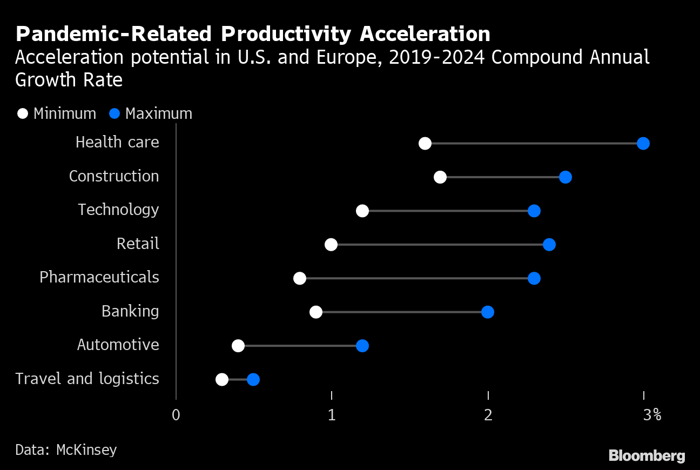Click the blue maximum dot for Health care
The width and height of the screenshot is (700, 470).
click(643, 143)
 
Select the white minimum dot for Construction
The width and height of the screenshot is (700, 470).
click(440, 177)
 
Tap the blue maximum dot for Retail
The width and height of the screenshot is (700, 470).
click(549, 245)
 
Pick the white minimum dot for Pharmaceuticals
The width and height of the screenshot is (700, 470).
click(300, 278)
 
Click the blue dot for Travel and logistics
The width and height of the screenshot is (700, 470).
click(253, 379)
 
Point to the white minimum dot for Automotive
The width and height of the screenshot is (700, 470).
click(238, 346)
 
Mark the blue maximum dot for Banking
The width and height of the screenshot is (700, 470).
click(487, 312)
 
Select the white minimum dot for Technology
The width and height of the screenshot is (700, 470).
click(362, 211)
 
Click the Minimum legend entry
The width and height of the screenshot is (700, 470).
click(57, 114)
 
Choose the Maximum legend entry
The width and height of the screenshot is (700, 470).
click(151, 114)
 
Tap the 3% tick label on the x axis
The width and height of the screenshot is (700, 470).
click(652, 415)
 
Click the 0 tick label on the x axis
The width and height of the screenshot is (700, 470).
click(176, 415)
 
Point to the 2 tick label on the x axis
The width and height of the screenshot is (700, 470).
click(488, 415)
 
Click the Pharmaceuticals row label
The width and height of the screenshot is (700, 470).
click(99, 278)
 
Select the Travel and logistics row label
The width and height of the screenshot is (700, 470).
click(87, 379)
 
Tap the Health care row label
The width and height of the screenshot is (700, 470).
click(117, 143)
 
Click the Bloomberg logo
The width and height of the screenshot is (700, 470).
click(647, 455)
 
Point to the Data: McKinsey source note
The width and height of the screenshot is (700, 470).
click(66, 449)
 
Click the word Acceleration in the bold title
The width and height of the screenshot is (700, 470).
click(425, 34)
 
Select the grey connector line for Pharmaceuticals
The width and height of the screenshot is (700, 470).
click(416, 278)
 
